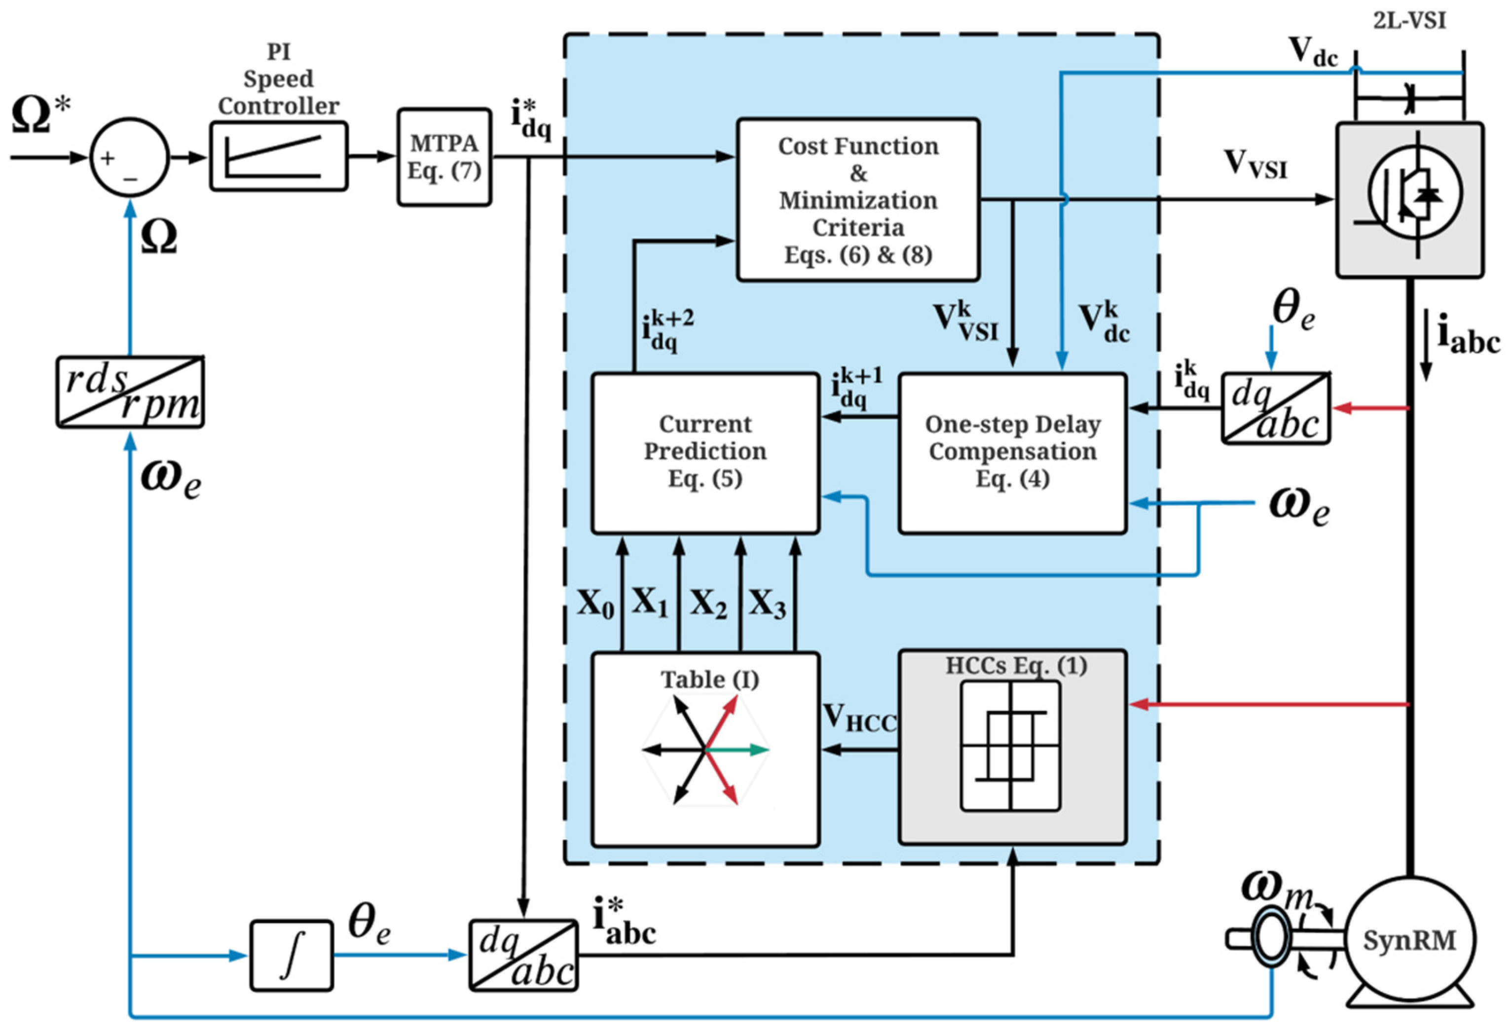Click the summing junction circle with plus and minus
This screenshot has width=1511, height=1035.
129,157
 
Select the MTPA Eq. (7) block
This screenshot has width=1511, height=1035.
444,157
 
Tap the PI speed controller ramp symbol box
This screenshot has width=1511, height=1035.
278,156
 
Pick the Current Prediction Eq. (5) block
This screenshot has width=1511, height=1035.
705,453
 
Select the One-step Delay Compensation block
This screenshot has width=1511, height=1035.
1012,453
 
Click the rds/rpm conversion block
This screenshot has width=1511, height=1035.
130,392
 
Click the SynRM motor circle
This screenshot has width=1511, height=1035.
1409,941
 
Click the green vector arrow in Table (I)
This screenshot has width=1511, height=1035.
741,750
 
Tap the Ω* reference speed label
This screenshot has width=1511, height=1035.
41,115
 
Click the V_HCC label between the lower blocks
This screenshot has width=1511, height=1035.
858,718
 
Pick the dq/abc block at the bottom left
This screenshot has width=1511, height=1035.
523,955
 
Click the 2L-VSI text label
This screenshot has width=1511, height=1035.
1409,21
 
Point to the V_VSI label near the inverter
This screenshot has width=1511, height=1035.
1255,164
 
